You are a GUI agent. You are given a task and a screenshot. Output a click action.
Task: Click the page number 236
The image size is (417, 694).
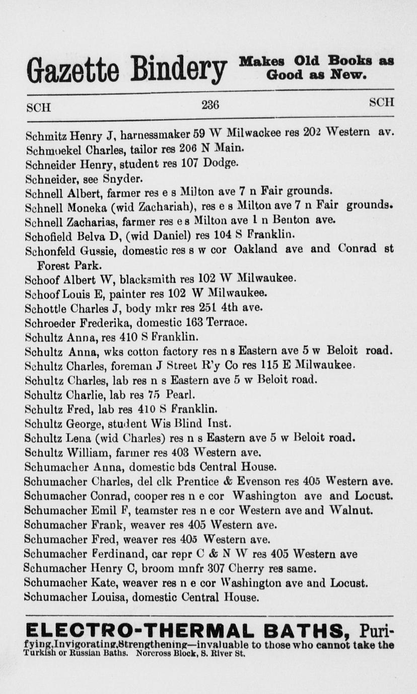(x=210, y=105)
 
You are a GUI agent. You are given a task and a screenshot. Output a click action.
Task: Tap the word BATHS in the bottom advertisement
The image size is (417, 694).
(x=299, y=630)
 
